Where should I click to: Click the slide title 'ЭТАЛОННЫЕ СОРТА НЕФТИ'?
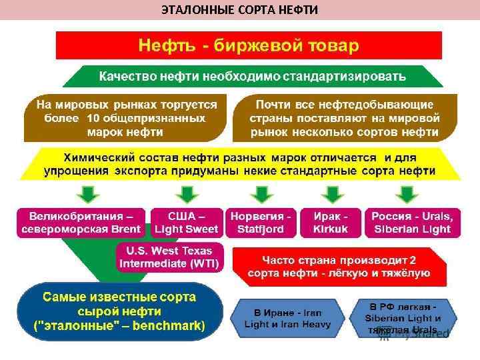239,9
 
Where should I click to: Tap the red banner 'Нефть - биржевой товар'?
248,45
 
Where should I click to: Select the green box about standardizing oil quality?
253,76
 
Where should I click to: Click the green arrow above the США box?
187,194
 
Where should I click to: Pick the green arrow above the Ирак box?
331,194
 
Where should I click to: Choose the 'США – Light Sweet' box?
187,223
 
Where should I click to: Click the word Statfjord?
261,229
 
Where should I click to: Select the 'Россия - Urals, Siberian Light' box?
411,223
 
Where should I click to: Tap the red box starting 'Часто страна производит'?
339,267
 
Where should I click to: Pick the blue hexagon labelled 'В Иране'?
287,319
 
